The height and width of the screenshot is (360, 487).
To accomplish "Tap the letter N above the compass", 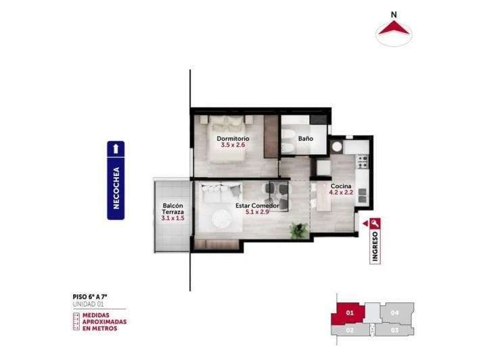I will tap(394, 13).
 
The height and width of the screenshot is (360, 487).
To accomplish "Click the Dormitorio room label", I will tap(233, 137).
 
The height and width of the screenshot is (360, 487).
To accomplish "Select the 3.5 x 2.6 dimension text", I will tap(233, 145).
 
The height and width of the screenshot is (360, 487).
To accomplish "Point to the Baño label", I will tap(305, 139).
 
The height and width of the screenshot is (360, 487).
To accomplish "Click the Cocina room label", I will tap(340, 186).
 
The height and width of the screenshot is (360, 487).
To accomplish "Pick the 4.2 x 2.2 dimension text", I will tap(340, 193).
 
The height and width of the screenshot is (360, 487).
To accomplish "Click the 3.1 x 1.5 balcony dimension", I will tap(172, 218).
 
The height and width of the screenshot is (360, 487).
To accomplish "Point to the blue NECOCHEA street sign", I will tap(116, 180).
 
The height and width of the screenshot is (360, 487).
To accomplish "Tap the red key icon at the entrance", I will tap(375, 224).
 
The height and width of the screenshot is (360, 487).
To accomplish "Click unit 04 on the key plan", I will tap(394, 313).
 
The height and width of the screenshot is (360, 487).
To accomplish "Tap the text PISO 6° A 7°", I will tap(95, 296).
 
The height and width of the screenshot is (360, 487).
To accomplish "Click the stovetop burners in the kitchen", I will tap(361, 161).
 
